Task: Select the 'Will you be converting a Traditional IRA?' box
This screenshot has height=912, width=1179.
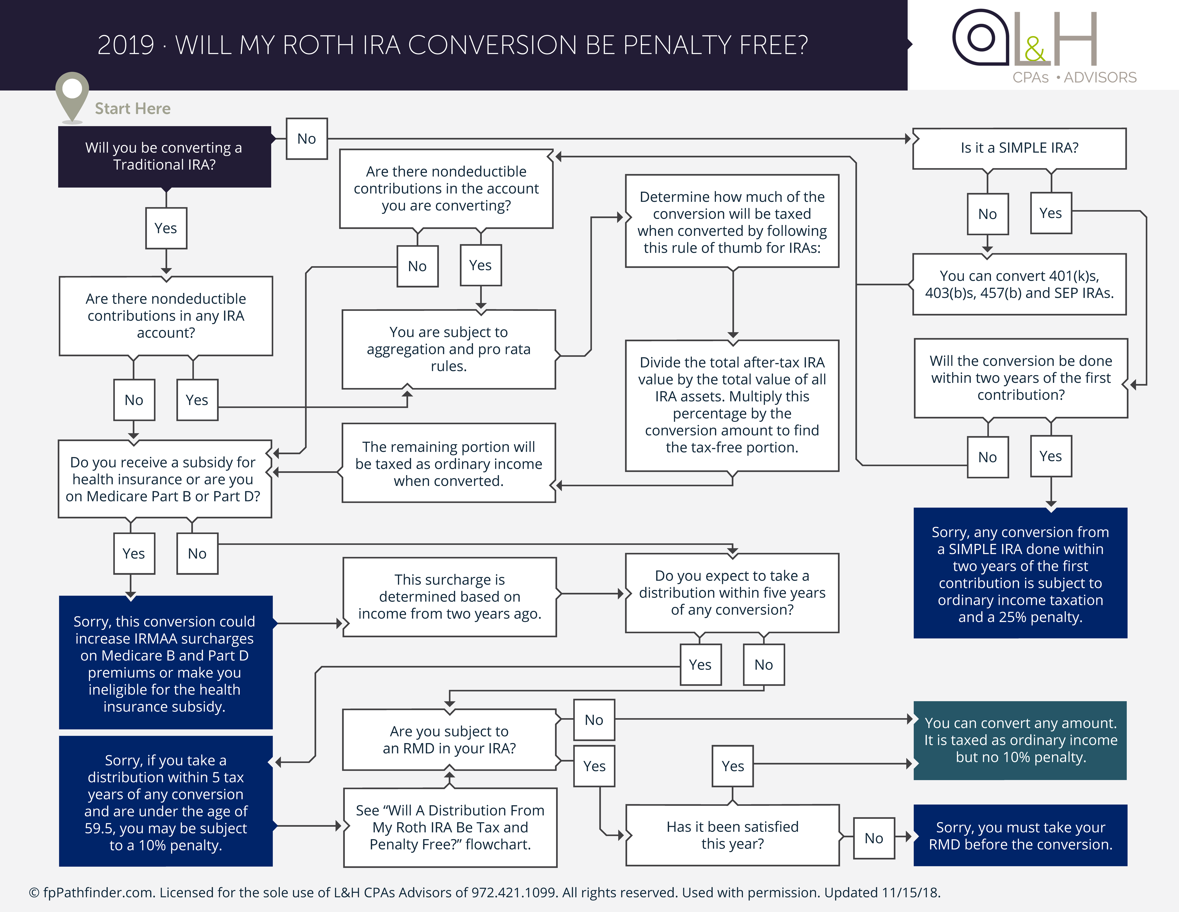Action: pyautogui.click(x=165, y=157)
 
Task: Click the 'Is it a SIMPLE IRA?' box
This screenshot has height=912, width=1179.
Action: pyautogui.click(x=1019, y=148)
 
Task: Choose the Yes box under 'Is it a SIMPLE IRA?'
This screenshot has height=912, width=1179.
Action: pyautogui.click(x=1050, y=213)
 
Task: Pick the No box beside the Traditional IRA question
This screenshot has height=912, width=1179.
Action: pyautogui.click(x=307, y=139)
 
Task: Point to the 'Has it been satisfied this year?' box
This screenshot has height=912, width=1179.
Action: pyautogui.click(x=733, y=835)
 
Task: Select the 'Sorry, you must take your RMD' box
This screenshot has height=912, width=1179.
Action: pyautogui.click(x=1020, y=835)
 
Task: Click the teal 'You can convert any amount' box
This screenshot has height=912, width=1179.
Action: pyautogui.click(x=1020, y=740)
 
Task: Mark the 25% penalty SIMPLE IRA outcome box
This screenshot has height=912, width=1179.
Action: pyautogui.click(x=1020, y=573)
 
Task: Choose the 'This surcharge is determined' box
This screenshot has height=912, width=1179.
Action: pyautogui.click(x=450, y=597)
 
